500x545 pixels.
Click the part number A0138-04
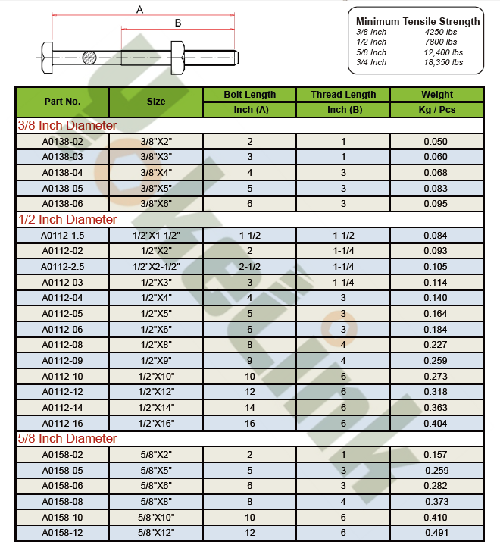[62, 172]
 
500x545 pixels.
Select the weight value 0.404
[436, 423]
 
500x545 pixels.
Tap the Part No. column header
[62, 101]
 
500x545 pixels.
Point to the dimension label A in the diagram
[139, 9]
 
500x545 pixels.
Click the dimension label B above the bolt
[178, 23]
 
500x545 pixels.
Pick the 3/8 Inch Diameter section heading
[67, 125]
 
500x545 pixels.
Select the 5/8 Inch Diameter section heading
[67, 438]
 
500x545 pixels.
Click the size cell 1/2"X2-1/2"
[156, 266]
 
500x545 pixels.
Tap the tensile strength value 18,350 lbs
[442, 62]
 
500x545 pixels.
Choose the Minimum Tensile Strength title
[417, 21]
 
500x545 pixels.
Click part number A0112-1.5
[62, 235]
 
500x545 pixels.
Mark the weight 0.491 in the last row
[436, 533]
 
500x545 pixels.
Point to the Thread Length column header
[343, 95]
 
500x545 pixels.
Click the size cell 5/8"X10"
[156, 517]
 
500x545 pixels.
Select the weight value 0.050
[436, 141]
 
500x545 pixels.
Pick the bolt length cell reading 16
[249, 423]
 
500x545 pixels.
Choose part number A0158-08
[62, 501]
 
